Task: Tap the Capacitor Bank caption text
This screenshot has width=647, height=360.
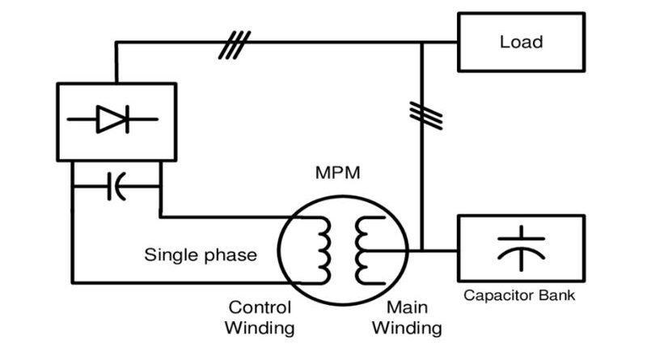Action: pyautogui.click(x=519, y=295)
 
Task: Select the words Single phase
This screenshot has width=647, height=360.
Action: pyautogui.click(x=201, y=256)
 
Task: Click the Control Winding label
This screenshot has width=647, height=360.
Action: pyautogui.click(x=260, y=318)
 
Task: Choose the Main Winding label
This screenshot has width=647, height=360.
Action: pyautogui.click(x=412, y=318)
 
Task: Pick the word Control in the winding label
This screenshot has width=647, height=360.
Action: pyautogui.click(x=260, y=308)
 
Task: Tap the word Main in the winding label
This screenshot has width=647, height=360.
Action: pyautogui.click(x=407, y=308)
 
